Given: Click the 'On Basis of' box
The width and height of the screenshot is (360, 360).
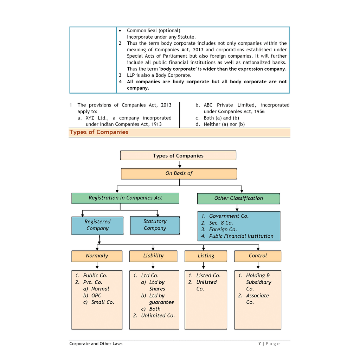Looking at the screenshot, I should tap(179, 173).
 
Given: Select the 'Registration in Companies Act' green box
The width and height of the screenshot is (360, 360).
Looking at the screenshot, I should tap(125, 198).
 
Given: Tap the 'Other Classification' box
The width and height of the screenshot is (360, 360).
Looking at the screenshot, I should tap(238, 198).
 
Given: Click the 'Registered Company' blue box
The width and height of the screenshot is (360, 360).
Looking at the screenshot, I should tap(97, 225).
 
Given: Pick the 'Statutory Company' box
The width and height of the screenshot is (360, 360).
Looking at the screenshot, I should tap(155, 225).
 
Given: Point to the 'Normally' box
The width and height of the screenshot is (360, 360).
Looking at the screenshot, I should tap(97, 256).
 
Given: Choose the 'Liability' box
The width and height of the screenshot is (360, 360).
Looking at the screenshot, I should tap(153, 256).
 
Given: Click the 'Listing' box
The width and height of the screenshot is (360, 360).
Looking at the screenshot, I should tap(206, 256).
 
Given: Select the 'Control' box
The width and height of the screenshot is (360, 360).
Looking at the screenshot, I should tap(258, 256).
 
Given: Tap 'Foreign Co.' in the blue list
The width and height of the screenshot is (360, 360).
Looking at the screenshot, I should tap(223, 230).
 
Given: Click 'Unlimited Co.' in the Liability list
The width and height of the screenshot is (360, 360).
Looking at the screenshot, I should tap(157, 316).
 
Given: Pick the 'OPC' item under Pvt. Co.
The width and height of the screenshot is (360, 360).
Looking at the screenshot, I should tap(96, 296).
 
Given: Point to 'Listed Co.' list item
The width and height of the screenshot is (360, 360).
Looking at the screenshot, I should tap(208, 276).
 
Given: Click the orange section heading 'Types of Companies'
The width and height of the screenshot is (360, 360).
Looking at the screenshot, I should tap(99, 132).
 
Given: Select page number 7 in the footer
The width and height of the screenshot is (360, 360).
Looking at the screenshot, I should tap(259, 344).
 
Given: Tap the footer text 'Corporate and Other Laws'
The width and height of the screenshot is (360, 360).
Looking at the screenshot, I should tap(96, 344).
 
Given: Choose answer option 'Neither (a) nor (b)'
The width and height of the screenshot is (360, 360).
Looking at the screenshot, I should tap(224, 124).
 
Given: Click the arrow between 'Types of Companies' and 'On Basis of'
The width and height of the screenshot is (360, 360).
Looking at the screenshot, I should tap(180, 165).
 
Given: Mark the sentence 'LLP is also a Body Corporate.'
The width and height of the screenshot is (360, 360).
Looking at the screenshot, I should tap(159, 75).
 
